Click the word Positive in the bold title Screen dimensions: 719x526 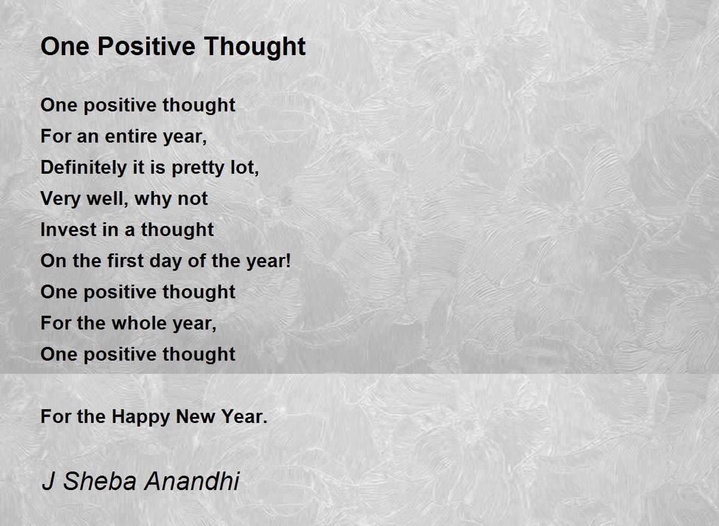pos(146,46)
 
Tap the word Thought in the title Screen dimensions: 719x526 pos(255,47)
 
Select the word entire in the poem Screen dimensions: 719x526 pos(131,136)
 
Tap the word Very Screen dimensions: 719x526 pos(61,199)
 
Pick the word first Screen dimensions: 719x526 pos(125,261)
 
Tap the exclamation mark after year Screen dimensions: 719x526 pos(288,261)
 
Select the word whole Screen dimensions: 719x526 pos(139,323)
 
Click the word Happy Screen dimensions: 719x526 pos(140,417)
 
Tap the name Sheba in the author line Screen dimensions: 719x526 pos(100,482)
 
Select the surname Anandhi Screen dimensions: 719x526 pos(192,482)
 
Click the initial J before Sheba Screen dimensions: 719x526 pos(48,482)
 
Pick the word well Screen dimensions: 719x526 pos(107,199)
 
